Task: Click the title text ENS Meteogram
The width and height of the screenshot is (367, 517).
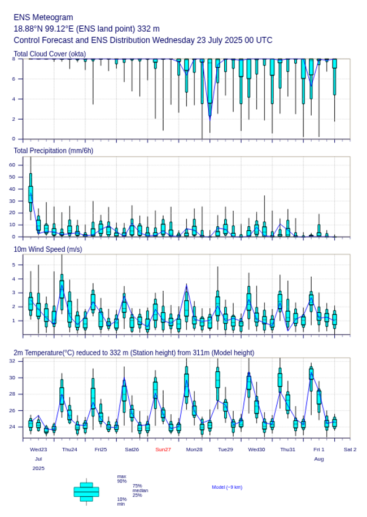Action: [x=43, y=17]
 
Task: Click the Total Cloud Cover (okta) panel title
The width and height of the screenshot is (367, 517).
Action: [x=50, y=54]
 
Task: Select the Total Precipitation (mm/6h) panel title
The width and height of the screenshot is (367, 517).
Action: [x=54, y=151]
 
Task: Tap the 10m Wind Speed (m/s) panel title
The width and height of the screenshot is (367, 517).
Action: [x=47, y=249]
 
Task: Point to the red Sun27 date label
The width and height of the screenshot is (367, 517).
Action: [x=163, y=449]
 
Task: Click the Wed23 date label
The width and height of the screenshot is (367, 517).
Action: [x=38, y=449]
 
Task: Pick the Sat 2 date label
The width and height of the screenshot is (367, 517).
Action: [x=350, y=449]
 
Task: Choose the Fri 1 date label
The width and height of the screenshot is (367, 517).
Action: [x=319, y=449]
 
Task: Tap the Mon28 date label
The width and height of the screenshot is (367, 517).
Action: [x=194, y=449]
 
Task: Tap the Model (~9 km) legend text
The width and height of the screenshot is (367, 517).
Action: [x=227, y=487]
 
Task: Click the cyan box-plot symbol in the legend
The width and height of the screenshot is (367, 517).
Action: [x=86, y=492]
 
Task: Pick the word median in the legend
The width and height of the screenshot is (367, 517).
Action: [x=140, y=490]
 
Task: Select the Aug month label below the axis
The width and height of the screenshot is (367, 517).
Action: [x=319, y=459]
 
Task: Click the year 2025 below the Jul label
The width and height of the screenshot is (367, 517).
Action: [x=38, y=468]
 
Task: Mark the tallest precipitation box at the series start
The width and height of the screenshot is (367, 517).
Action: [x=30, y=194]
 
